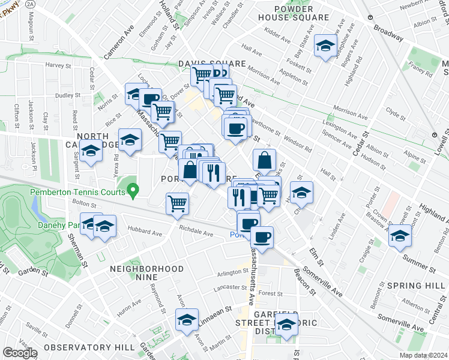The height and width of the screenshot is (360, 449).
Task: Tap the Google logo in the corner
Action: click(20, 353)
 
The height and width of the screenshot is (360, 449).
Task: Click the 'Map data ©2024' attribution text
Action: click(423, 355)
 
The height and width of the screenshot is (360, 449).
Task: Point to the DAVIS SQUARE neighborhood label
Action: click(212, 64)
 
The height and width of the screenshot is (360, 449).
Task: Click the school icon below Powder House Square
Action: click(325, 46)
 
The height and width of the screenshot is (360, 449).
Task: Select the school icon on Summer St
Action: click(400, 236)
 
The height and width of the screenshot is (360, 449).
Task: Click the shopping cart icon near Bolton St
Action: click(177, 204)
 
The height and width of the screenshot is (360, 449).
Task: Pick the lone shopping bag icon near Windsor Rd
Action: click(264, 160)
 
